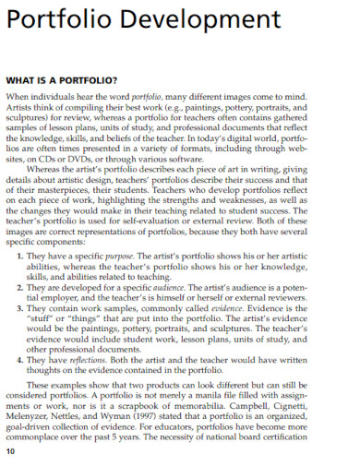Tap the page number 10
(10, 452)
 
